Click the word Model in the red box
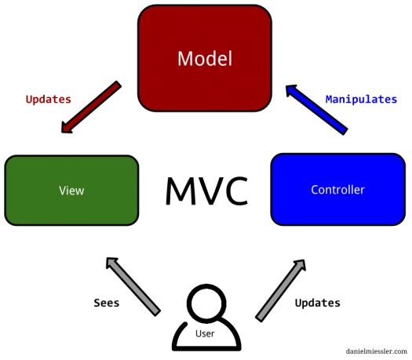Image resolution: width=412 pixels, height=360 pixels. click(204, 59)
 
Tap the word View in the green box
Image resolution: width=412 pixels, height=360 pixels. click(71, 191)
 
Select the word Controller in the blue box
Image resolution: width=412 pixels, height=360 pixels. click(337, 190)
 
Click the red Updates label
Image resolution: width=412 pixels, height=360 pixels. click(49, 100)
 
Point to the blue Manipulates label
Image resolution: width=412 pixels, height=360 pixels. click(361, 100)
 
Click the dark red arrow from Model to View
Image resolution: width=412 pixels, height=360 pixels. click(91, 107)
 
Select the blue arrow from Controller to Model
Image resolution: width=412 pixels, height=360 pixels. click(316, 109)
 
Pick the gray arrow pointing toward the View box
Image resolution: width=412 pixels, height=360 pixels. click(133, 285)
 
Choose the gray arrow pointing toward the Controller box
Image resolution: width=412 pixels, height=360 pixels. click(281, 290)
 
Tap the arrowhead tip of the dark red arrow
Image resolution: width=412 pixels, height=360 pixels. click(65, 129)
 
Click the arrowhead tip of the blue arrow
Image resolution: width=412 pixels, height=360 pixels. click(290, 89)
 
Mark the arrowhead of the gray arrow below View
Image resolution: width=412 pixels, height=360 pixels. click(111, 261)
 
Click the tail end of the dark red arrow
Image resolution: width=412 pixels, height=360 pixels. click(117, 85)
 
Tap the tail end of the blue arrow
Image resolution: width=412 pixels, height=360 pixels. click(343, 130)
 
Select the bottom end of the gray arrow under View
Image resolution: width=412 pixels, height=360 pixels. click(156, 311)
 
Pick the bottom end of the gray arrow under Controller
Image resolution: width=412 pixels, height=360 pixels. click(261, 318)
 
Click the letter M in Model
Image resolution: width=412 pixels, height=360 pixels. click(184, 59)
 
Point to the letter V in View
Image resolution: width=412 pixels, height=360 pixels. click(62, 191)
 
